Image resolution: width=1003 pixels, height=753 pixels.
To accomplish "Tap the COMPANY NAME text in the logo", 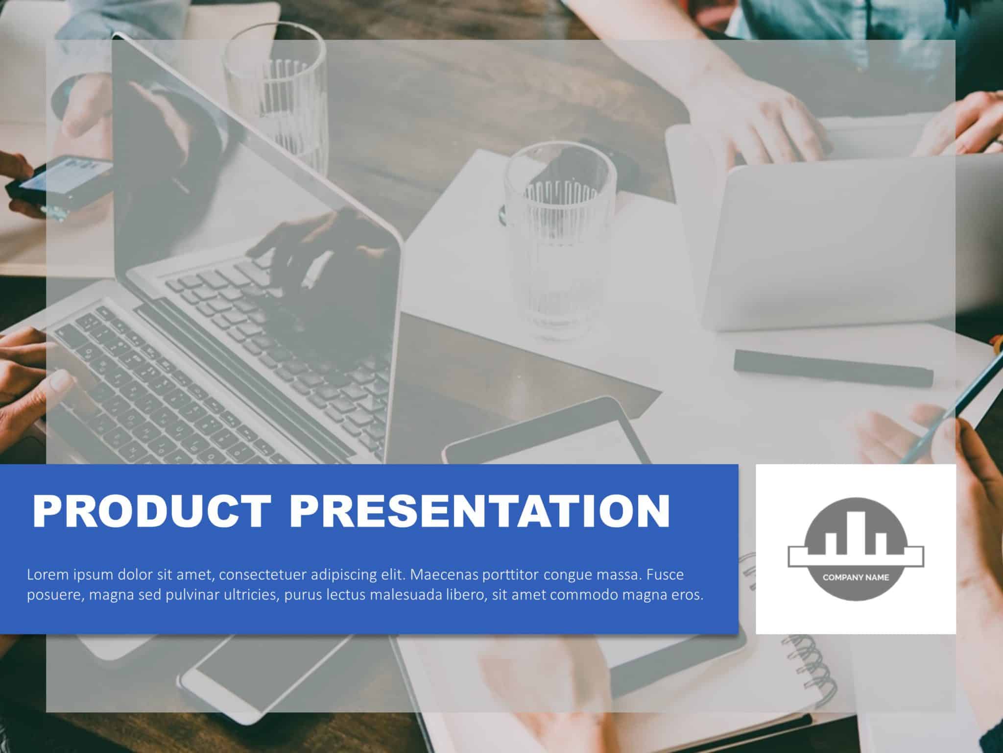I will click(856, 577).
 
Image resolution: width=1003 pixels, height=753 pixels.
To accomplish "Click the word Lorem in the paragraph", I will click(48, 575).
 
